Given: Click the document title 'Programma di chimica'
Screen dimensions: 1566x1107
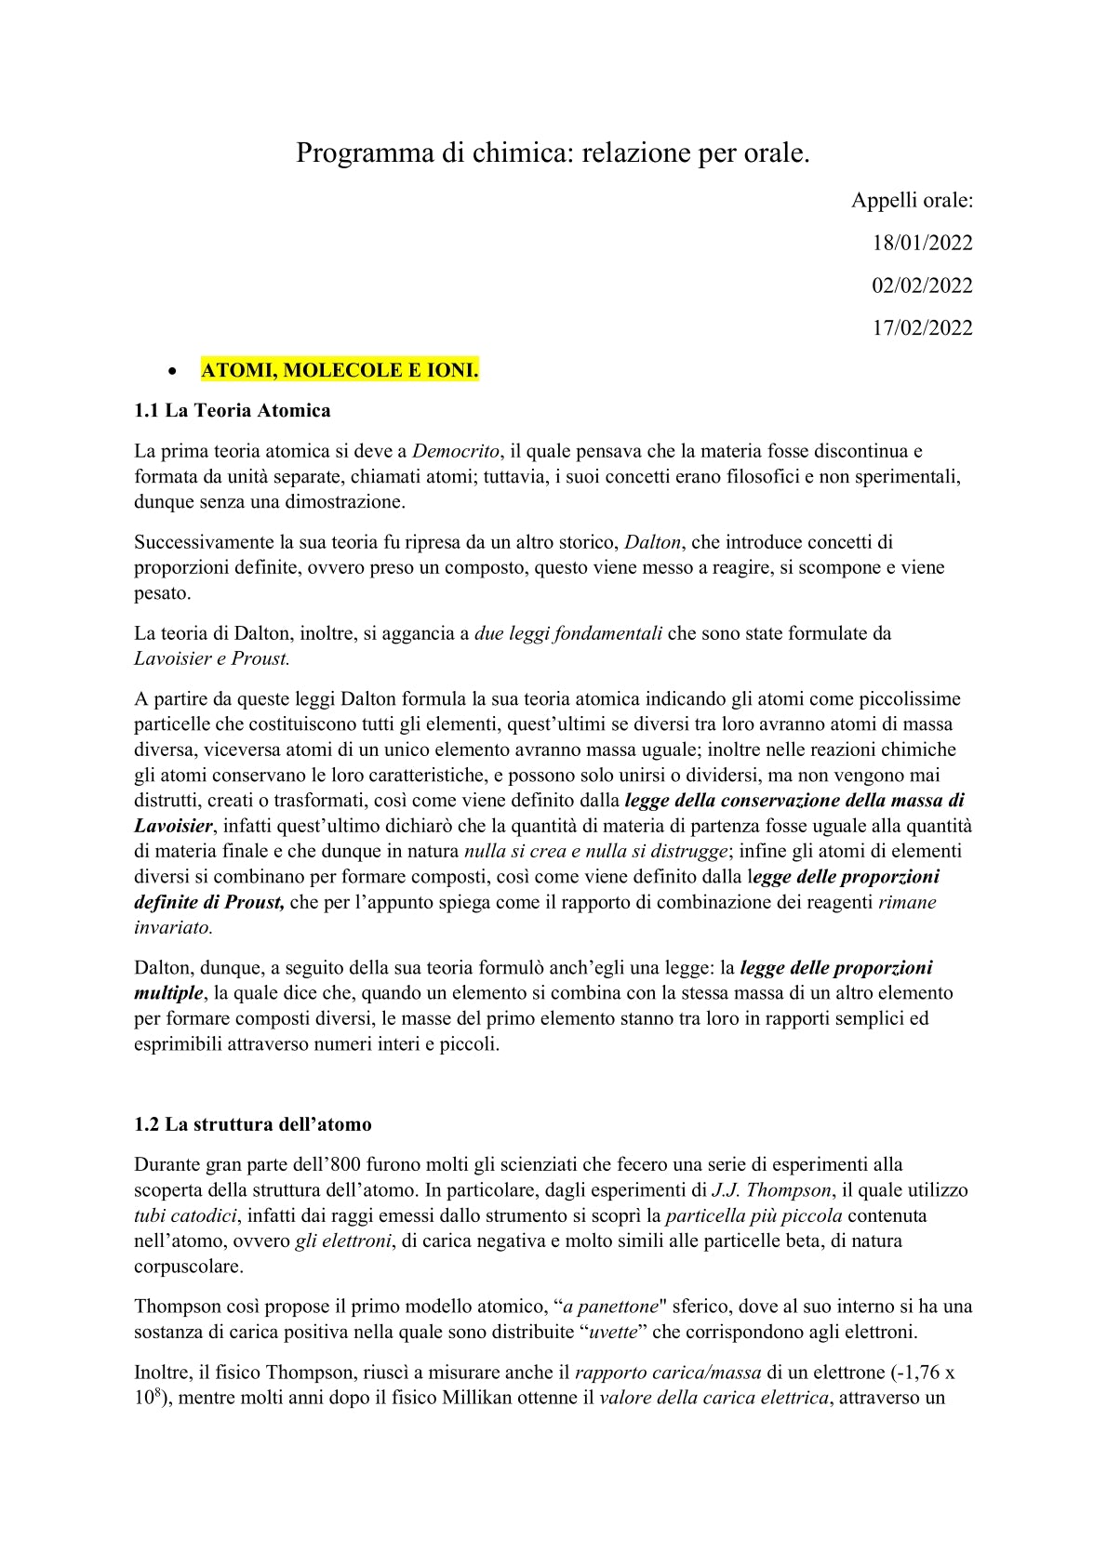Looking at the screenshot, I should (x=553, y=153).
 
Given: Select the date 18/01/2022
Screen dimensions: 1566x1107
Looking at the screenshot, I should (x=922, y=244).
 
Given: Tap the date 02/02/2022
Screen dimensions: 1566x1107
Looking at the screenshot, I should (x=922, y=285).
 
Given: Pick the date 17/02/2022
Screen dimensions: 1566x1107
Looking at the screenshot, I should (x=922, y=328).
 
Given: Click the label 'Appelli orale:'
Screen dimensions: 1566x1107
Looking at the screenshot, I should (x=912, y=201).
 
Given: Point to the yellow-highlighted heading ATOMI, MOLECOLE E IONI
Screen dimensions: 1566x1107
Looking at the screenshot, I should (x=340, y=370).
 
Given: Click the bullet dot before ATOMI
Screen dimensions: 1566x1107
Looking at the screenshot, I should (x=172, y=371).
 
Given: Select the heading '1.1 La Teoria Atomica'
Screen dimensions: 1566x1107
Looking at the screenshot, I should (x=233, y=411).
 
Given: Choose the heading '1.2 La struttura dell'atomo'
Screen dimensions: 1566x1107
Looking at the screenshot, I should (x=253, y=1124).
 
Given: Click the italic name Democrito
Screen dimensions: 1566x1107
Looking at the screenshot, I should (x=456, y=452).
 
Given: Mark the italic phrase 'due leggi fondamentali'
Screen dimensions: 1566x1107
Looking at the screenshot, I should (x=568, y=634).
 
